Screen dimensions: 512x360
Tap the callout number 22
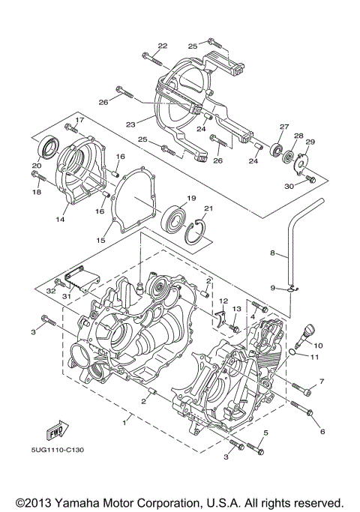[162, 46]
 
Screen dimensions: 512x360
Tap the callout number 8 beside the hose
[273, 254]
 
